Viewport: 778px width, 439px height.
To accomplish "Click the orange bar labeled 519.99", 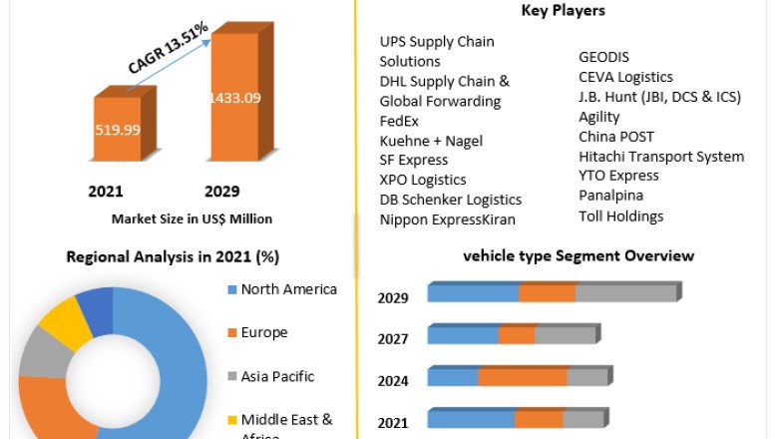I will (x=118, y=129).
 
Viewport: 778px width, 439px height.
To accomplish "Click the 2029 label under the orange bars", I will (x=222, y=192).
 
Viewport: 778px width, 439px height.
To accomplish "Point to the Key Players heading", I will (x=563, y=11).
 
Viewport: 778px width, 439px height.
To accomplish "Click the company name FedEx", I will (x=399, y=121).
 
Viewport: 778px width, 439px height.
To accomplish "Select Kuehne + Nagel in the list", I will (x=431, y=141).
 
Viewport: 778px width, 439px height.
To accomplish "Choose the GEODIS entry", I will (x=603, y=57).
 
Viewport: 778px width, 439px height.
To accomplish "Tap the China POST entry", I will (x=616, y=137).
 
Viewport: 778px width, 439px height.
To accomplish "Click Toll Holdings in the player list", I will (x=620, y=216).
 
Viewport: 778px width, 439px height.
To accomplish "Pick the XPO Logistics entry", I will (x=423, y=180).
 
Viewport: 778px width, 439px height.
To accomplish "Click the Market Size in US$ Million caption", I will (x=192, y=219).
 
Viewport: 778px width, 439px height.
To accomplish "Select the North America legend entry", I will (x=288, y=289).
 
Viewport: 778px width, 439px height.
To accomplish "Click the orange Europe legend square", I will (x=230, y=333).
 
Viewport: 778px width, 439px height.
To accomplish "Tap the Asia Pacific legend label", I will (x=277, y=376).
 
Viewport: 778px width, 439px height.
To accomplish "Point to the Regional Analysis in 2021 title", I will (x=173, y=256).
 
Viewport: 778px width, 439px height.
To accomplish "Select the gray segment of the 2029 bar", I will (x=625, y=292).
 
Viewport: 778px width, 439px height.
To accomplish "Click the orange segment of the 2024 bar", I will (x=523, y=376).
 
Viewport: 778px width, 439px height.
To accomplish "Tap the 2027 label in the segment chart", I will (x=393, y=339).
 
